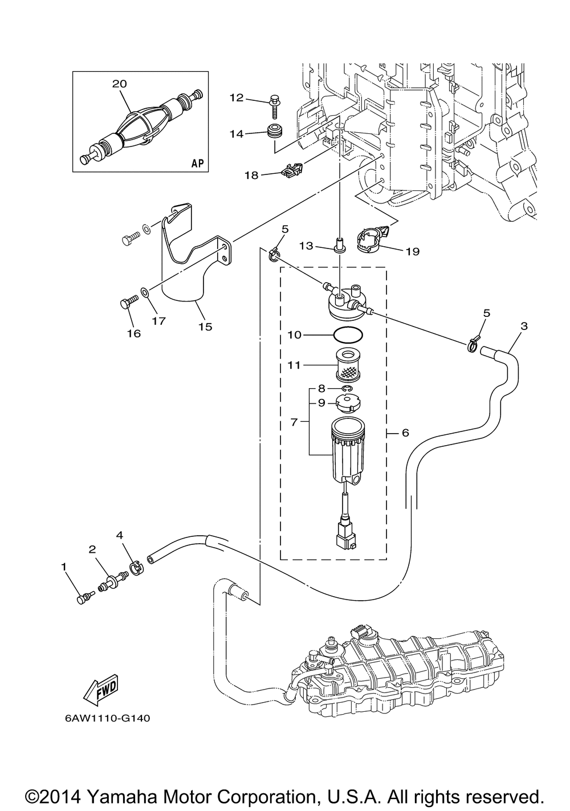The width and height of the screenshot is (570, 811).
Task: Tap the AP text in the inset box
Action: pyautogui.click(x=197, y=164)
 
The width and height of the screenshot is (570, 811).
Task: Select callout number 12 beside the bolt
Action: pyautogui.click(x=237, y=98)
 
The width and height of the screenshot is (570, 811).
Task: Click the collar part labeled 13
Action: pyautogui.click(x=340, y=244)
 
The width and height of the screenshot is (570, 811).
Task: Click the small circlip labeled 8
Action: pyautogui.click(x=347, y=389)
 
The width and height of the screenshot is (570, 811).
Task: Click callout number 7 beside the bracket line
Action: pyautogui.click(x=294, y=422)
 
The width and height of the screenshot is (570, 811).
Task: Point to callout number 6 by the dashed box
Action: pyautogui.click(x=405, y=433)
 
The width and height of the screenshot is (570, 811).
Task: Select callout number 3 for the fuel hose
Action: pyautogui.click(x=524, y=326)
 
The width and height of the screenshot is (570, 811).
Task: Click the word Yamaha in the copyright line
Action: pyautogui.click(x=123, y=797)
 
